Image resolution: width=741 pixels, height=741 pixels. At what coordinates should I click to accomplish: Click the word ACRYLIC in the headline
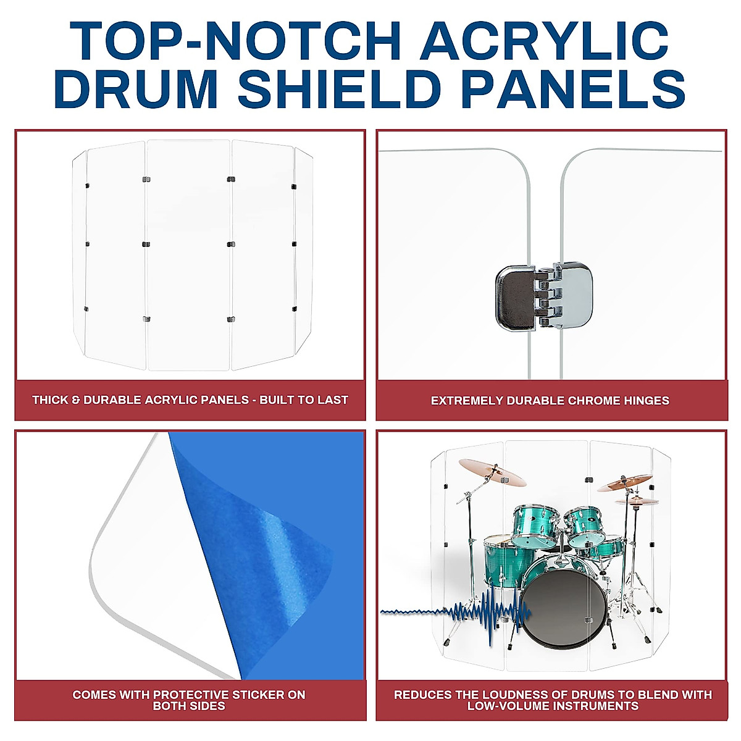pos(546,41)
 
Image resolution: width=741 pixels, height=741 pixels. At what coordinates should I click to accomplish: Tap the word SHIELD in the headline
pos(343,90)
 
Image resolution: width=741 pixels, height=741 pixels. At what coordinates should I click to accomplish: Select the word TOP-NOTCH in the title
pos(236,41)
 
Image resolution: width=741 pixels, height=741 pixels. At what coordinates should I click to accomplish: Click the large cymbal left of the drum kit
pos(492,472)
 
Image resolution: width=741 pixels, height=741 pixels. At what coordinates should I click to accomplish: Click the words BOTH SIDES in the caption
pos(189,706)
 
